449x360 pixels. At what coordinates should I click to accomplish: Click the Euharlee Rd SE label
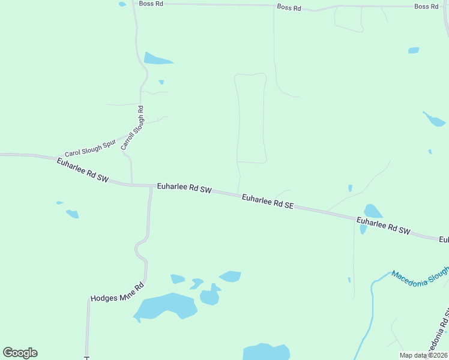[x=268, y=202]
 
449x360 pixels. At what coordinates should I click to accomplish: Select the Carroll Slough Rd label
[x=132, y=128]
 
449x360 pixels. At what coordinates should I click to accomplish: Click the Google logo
[x=20, y=353]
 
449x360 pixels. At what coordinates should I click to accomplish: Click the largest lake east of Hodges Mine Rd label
[x=166, y=307]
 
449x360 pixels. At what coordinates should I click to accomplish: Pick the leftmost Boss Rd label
[x=151, y=3]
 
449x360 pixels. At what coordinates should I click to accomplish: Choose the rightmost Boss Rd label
[x=426, y=6]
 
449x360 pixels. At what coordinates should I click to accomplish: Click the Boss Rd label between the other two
[x=289, y=7]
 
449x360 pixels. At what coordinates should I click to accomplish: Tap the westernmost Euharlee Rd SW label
[x=82, y=171]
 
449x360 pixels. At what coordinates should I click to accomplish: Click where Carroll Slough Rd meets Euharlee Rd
[x=132, y=184]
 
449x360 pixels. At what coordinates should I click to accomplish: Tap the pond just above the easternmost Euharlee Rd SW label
[x=373, y=211]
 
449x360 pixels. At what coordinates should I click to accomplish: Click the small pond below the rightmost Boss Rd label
[x=414, y=50]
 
